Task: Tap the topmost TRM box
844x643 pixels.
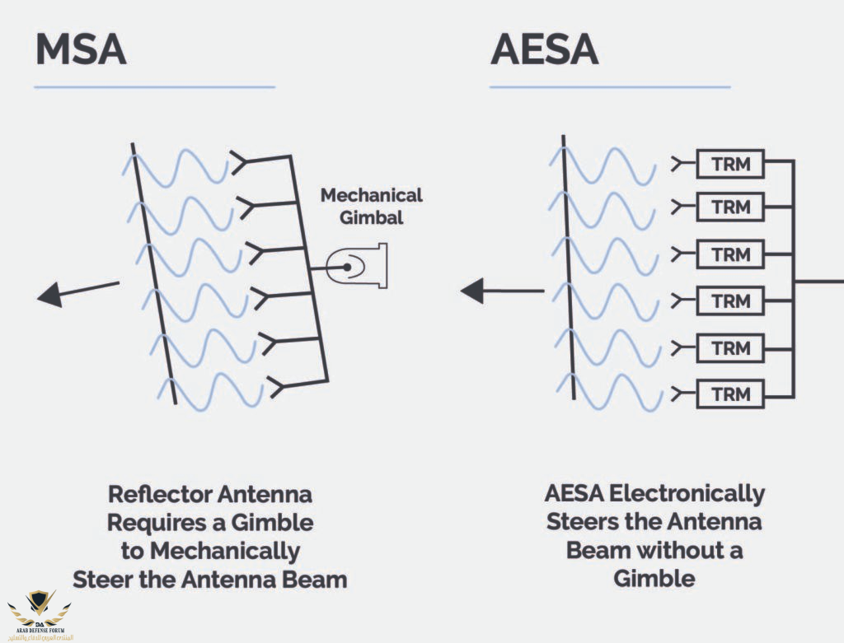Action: click(731, 164)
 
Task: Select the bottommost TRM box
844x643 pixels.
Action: click(731, 394)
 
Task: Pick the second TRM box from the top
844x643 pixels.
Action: click(731, 207)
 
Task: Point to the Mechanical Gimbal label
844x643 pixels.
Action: click(372, 206)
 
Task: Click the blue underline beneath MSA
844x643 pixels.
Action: click(154, 86)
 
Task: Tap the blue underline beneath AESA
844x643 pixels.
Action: click(610, 86)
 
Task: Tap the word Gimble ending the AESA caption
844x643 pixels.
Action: click(654, 578)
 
